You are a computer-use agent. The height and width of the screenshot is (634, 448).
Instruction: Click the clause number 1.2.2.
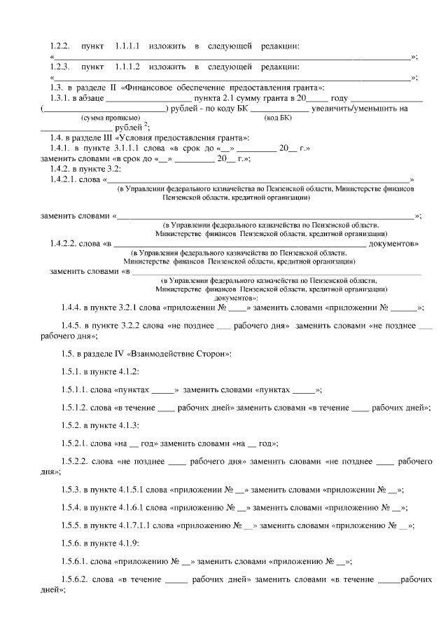(x=59, y=46)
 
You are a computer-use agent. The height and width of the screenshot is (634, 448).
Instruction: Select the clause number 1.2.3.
(x=59, y=67)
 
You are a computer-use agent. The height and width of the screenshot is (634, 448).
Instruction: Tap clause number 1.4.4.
(x=71, y=307)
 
